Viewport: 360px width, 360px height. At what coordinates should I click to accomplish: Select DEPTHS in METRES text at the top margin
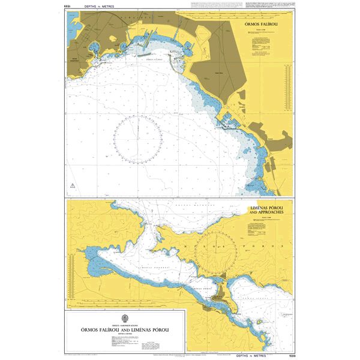click(96, 6)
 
